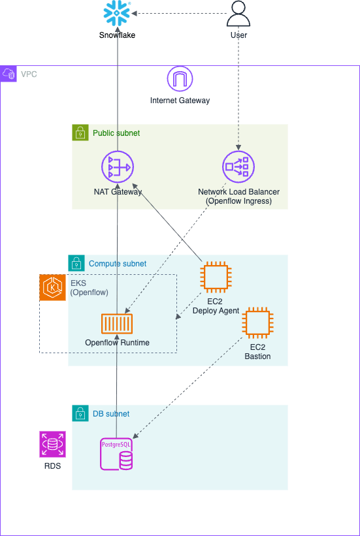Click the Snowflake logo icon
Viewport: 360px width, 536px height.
coord(117,14)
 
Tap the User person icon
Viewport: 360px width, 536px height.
coord(238,13)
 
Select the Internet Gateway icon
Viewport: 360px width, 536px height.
coord(180,79)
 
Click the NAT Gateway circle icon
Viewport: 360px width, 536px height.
coord(118,167)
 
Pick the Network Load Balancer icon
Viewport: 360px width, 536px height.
coord(238,167)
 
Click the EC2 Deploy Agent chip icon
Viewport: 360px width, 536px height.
coord(216,277)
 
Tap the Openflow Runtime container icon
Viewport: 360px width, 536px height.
coord(117,323)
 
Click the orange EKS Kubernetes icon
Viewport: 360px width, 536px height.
coord(52,287)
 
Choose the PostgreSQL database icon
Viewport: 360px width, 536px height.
coord(116,453)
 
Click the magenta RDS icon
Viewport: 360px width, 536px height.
coord(52,444)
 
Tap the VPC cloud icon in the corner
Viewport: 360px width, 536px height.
coord(8,74)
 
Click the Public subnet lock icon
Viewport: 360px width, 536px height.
coord(80,133)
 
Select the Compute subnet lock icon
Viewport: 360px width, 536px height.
coord(76,263)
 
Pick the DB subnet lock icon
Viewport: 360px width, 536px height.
coord(80,413)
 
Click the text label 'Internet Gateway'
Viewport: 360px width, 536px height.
coord(180,101)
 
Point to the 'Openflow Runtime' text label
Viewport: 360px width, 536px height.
coord(118,343)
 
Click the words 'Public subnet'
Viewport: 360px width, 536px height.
coord(116,133)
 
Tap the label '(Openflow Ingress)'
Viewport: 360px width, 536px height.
coord(239,201)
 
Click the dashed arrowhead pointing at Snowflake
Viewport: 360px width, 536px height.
coord(134,13)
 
